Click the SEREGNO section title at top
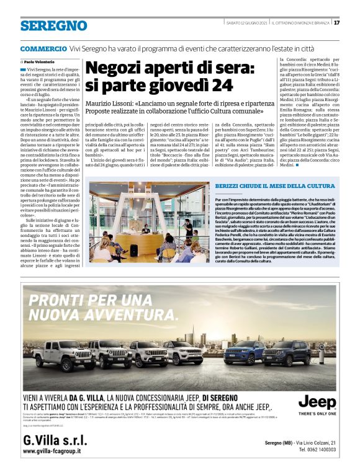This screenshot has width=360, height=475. tap(53, 25)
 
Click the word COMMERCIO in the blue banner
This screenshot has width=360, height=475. tap(43, 48)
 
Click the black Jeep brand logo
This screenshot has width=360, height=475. tap(317, 402)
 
